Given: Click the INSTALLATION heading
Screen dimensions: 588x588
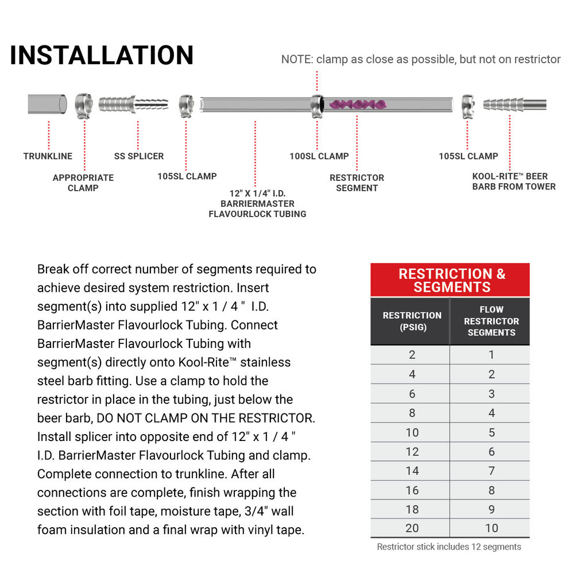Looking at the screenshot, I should click(x=102, y=56).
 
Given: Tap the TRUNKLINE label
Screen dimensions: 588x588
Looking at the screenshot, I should click(x=48, y=156).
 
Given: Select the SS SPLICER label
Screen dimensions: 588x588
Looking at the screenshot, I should click(x=138, y=156).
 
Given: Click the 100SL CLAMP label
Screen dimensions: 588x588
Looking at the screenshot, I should click(x=319, y=156).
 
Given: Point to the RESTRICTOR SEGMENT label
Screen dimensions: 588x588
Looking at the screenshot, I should click(x=357, y=183).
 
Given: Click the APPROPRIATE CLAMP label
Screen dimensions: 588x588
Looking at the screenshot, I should click(x=83, y=183).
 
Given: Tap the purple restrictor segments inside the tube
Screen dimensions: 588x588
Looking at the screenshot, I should click(x=357, y=105).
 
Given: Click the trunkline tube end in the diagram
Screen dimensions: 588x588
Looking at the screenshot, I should click(x=47, y=105).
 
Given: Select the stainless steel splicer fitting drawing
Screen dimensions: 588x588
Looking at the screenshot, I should click(x=133, y=105).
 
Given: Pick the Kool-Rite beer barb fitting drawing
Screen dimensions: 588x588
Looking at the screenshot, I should click(x=513, y=105).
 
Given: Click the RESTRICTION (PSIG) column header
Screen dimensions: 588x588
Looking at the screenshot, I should click(x=412, y=321).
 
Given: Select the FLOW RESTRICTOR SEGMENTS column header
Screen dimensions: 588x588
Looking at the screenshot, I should click(x=491, y=321).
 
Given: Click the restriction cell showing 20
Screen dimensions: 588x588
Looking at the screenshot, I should click(x=412, y=528).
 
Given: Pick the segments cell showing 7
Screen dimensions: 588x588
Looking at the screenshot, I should click(x=491, y=471).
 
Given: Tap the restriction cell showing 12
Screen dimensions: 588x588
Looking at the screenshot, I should click(x=412, y=452).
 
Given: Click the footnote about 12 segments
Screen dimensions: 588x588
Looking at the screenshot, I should click(x=449, y=547).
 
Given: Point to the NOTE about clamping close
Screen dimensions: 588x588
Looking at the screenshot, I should click(x=420, y=59).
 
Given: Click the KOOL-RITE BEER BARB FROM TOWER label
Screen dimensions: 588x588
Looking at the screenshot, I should click(x=513, y=181).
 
